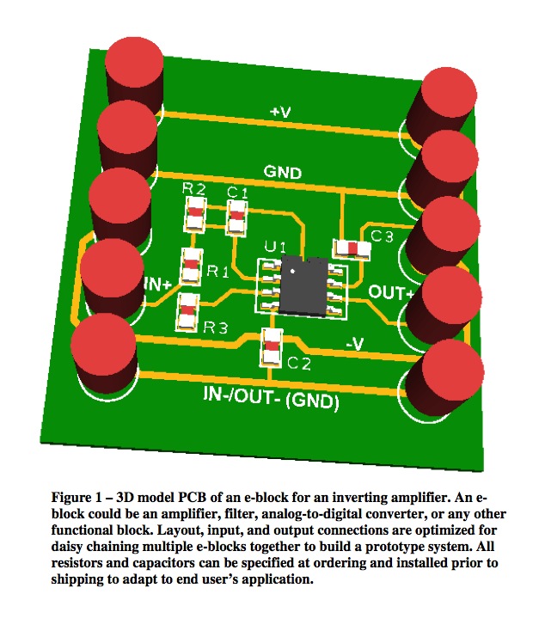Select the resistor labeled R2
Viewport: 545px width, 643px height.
(195, 211)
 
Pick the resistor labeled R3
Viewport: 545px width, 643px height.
(187, 311)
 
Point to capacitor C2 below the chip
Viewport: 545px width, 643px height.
(272, 346)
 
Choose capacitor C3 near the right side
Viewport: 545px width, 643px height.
(351, 248)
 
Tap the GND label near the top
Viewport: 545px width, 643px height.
(283, 172)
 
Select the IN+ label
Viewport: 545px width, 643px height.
(158, 283)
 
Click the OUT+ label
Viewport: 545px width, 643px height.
(391, 292)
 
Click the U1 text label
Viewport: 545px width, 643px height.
(274, 248)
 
